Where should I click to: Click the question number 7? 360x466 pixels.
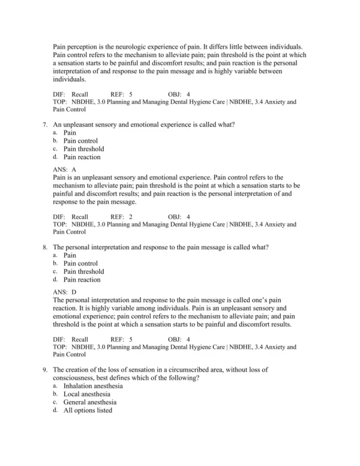click(45, 124)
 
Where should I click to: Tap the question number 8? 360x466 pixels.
click(45, 247)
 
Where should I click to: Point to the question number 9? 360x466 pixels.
click(45, 369)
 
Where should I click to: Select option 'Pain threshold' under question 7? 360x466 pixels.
click(83, 149)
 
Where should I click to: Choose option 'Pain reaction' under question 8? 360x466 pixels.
click(82, 279)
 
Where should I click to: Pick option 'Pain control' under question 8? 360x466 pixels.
click(80, 263)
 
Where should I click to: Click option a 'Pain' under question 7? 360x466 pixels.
click(70, 133)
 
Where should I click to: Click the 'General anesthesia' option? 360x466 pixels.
click(90, 402)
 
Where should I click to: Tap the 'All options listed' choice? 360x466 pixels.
click(88, 410)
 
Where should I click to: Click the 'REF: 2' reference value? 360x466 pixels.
click(122, 217)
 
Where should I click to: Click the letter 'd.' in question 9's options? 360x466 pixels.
click(55, 410)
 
